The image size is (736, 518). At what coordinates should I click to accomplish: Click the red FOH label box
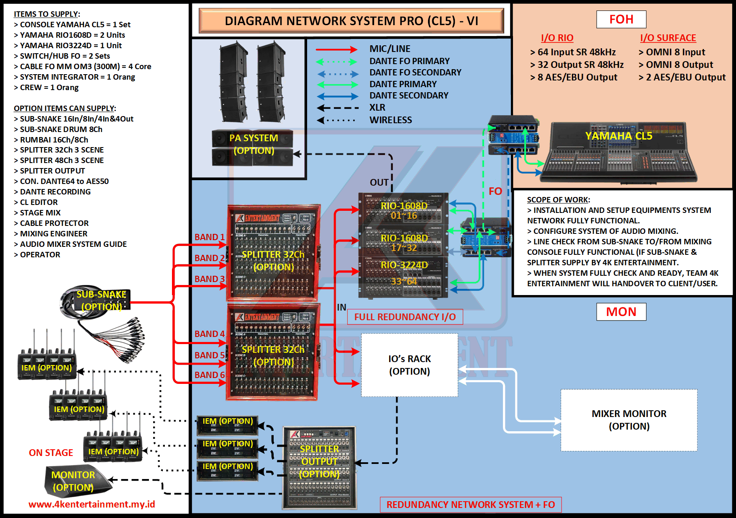tap(621, 19)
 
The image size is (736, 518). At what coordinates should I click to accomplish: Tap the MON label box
tap(621, 312)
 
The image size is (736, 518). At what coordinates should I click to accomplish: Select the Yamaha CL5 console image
tap(618, 153)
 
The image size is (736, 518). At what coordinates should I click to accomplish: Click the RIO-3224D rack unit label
tap(404, 265)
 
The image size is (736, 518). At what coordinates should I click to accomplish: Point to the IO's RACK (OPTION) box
tap(409, 365)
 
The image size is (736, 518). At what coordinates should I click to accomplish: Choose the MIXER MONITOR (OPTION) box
tap(628, 420)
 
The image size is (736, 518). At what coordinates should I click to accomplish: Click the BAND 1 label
tap(209, 237)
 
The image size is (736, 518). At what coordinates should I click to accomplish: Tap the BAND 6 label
tap(209, 375)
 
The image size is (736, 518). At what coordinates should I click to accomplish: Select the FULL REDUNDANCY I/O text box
tap(405, 317)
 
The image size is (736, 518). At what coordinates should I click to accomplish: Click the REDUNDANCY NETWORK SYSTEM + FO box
tap(470, 505)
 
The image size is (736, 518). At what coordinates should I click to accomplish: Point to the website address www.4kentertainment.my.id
tap(92, 504)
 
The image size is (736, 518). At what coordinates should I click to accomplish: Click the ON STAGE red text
tap(51, 453)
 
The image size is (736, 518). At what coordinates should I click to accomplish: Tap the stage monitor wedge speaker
tap(75, 481)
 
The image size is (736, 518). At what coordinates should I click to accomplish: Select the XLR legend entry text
tap(377, 108)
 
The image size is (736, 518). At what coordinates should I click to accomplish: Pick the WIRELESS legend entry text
tap(390, 120)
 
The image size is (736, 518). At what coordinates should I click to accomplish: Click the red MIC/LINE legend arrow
tap(336, 49)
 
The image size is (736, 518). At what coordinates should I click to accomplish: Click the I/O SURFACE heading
tap(668, 38)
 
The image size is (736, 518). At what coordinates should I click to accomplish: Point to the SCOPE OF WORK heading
tap(558, 200)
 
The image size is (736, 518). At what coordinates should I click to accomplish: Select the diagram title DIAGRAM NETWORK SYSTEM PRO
tap(351, 21)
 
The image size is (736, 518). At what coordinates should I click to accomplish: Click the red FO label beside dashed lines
tap(495, 192)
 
